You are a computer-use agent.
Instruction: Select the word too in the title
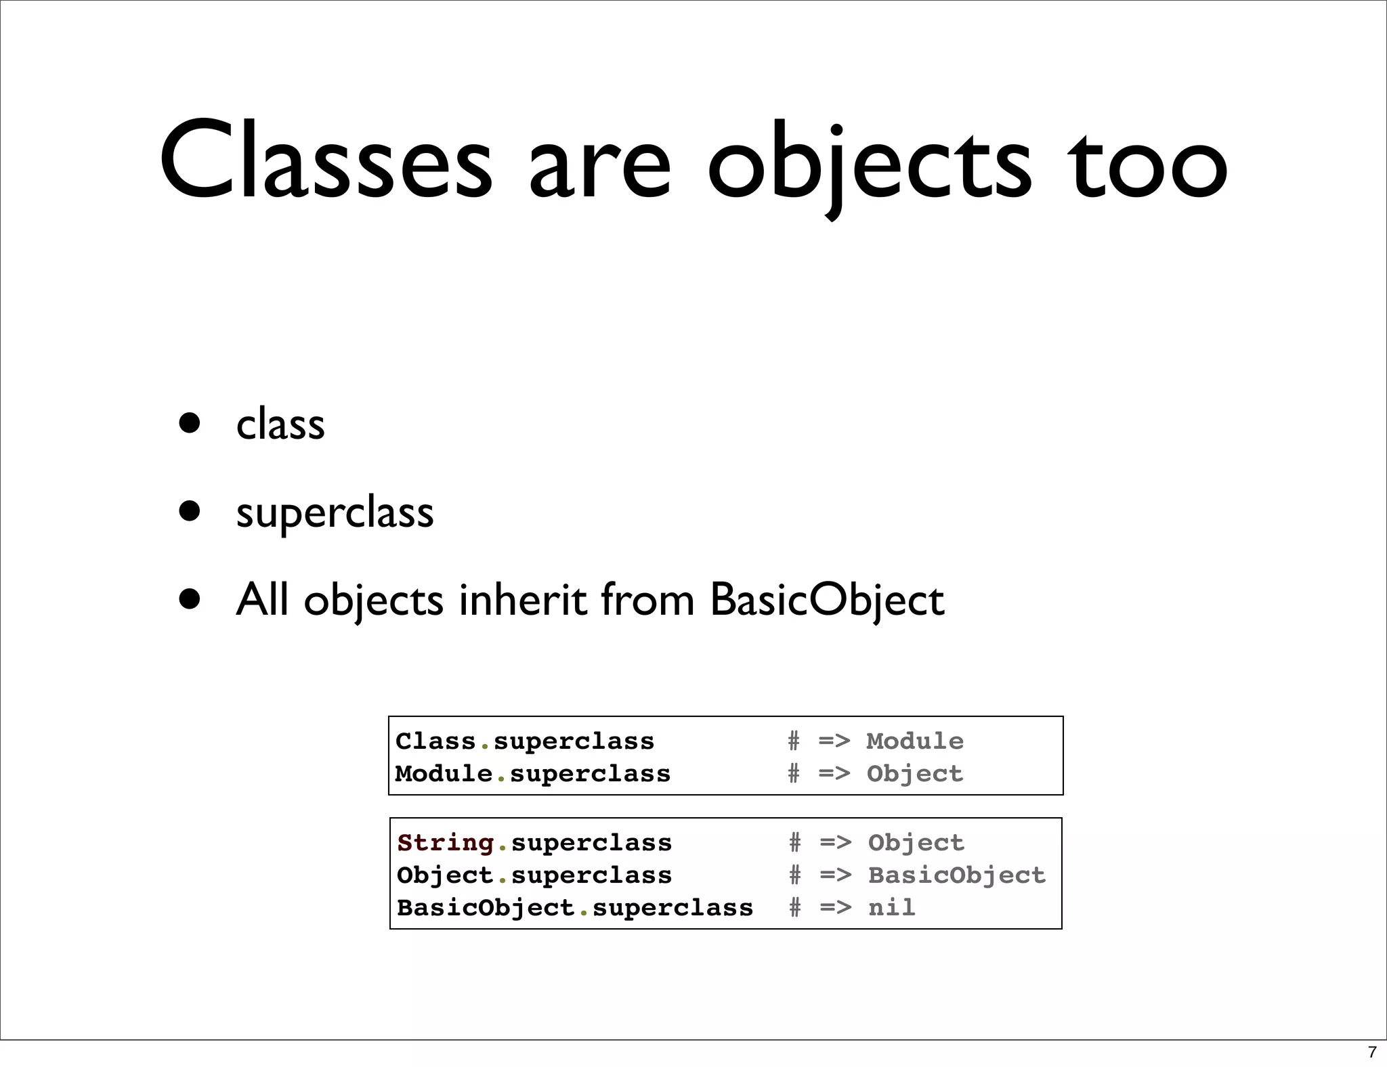(1147, 162)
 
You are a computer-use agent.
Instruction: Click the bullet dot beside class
(190, 423)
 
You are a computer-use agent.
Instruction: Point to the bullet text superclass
(335, 513)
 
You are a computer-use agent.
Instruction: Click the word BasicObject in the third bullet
(827, 600)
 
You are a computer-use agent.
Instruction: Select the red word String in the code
(446, 843)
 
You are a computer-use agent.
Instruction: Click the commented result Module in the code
(914, 741)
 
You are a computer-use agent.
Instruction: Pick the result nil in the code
(891, 907)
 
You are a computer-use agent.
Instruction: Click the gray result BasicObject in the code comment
(957, 875)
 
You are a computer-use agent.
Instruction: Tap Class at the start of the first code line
(435, 741)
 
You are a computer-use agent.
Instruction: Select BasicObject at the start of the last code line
(485, 907)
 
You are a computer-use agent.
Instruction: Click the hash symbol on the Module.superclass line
(794, 774)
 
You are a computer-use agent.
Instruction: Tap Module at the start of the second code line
(444, 774)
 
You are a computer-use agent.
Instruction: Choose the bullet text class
(280, 424)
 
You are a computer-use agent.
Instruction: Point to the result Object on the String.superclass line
(916, 843)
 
